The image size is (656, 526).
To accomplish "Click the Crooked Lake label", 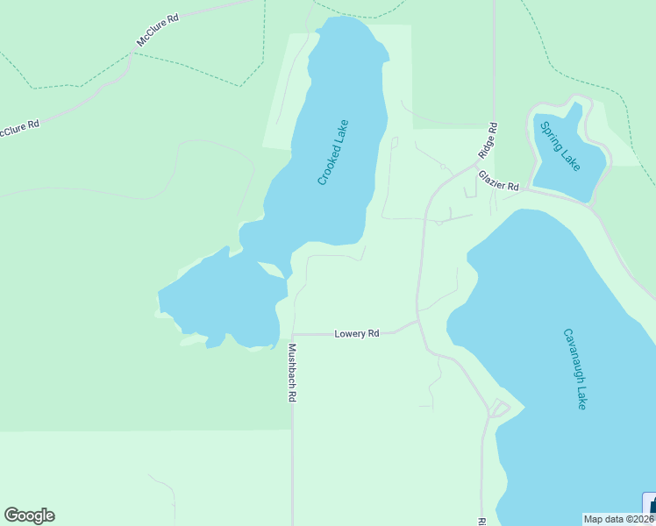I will (333, 152).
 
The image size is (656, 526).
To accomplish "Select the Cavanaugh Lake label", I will (574, 368).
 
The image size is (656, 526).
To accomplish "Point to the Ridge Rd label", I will (488, 140).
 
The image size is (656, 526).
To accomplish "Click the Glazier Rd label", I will (499, 181).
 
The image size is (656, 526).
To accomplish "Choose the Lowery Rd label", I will (357, 334).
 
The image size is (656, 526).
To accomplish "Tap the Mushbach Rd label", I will (291, 372).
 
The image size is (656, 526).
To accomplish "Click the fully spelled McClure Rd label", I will (157, 30).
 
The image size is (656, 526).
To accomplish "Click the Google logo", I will (29, 515).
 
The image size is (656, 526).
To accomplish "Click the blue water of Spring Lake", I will (570, 167).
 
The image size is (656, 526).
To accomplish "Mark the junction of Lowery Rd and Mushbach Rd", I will (292, 334).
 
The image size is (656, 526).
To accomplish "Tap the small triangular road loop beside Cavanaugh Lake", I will (498, 409).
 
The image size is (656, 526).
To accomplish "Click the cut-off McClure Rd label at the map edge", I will (19, 128).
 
